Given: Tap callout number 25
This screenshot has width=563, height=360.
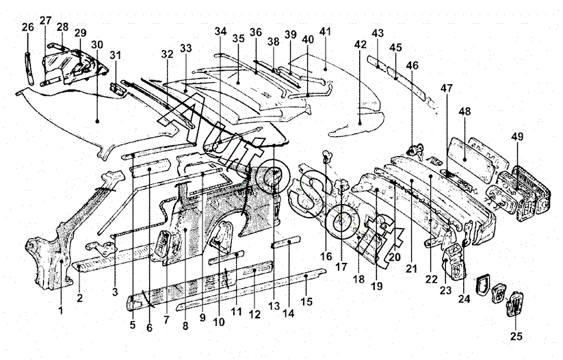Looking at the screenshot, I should click(x=516, y=335).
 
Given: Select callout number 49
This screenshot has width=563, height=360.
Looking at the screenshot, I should click(x=516, y=136).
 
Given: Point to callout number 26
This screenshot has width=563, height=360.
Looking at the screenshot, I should click(x=27, y=27).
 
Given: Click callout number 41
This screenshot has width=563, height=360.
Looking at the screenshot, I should click(x=325, y=31).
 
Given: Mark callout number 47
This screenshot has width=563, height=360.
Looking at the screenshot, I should click(x=447, y=88).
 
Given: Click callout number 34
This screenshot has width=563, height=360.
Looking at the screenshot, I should click(x=220, y=31).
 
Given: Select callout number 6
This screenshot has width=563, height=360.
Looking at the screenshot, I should click(x=150, y=328).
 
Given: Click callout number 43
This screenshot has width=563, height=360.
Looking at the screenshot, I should click(x=378, y=33).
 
